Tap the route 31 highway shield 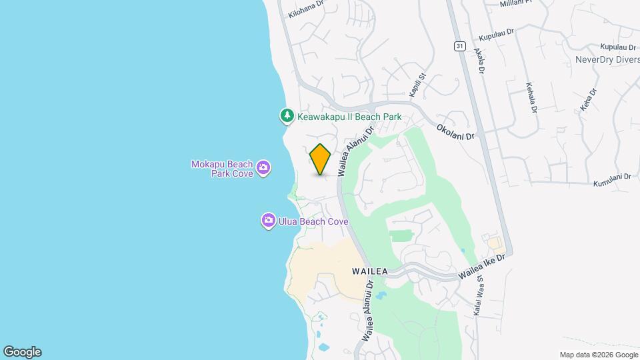[460, 46]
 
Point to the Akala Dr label [479, 60]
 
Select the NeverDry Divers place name [607, 59]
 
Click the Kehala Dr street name [531, 97]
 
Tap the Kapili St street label [417, 85]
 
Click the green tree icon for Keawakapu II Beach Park [287, 116]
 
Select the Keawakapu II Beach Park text [349, 117]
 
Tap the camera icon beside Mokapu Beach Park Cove [263, 167]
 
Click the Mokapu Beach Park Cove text [222, 169]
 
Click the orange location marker [320, 159]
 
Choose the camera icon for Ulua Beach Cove [269, 221]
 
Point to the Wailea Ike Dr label [483, 266]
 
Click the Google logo [22, 352]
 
